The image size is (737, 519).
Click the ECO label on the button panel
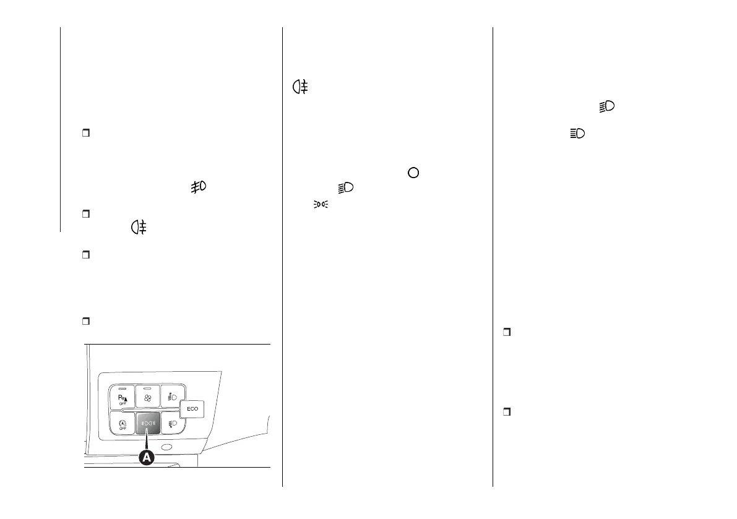pyautogui.click(x=193, y=409)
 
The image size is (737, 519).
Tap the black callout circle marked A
pyautogui.click(x=147, y=458)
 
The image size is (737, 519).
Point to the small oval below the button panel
pyautogui.click(x=166, y=447)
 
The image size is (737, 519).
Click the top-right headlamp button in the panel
pyautogui.click(x=171, y=396)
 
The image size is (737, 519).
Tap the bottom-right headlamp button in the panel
pyautogui.click(x=171, y=424)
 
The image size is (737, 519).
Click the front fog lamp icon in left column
pyautogui.click(x=199, y=186)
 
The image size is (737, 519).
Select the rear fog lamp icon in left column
pyautogui.click(x=137, y=228)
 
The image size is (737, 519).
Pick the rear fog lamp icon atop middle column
pyautogui.click(x=301, y=88)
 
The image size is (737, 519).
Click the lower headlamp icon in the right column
pyautogui.click(x=577, y=133)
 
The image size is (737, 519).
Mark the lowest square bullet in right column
pyautogui.click(x=506, y=412)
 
